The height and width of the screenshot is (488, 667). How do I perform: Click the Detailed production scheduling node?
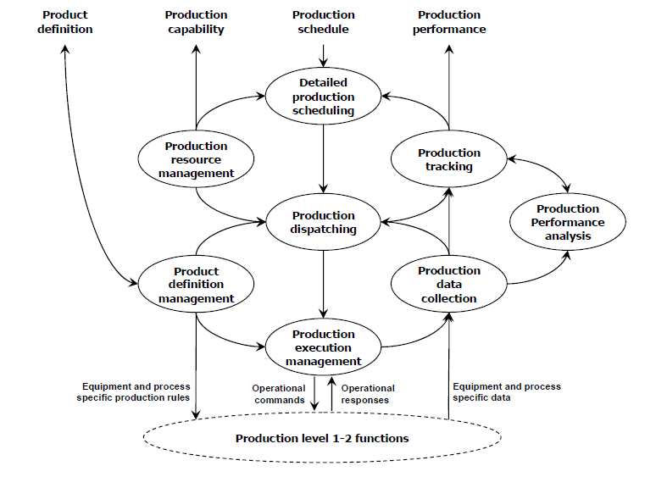322,96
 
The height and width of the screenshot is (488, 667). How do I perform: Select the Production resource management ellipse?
196,159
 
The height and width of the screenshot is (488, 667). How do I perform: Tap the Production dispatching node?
322,222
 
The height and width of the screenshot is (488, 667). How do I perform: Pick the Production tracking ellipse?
448,159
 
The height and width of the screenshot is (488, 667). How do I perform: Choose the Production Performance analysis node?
567,222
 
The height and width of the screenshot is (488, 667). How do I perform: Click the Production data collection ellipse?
448,285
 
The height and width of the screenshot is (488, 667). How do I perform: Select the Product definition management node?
196,285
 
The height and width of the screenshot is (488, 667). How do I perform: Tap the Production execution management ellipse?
322,347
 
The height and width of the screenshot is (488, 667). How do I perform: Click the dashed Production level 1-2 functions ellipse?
322,438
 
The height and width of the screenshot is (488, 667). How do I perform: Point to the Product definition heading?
65,22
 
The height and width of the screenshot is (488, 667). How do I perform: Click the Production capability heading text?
196,22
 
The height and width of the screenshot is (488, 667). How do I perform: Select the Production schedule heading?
322,22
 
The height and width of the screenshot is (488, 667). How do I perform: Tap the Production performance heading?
449,22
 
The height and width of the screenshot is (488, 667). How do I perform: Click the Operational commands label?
279,394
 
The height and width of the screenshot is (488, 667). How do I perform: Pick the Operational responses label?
368,394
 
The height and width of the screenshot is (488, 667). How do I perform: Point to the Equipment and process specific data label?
506,391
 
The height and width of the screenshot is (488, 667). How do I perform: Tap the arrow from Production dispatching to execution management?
322,284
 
